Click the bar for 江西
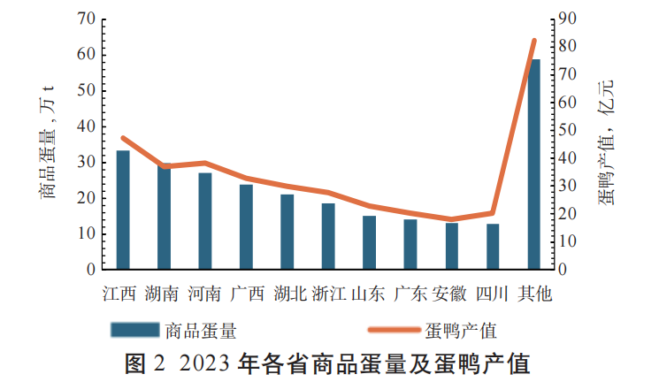pyautogui.click(x=123, y=210)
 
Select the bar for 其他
pyautogui.click(x=534, y=164)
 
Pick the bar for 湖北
pyautogui.click(x=287, y=232)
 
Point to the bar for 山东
pyautogui.click(x=369, y=242)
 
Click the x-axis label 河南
pyautogui.click(x=205, y=294)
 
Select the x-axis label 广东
pyautogui.click(x=410, y=294)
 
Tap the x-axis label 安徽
pyautogui.click(x=451, y=294)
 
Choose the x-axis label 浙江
pyautogui.click(x=328, y=294)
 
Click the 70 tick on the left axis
pyautogui.click(x=87, y=19)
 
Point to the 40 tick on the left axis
pyautogui.click(x=87, y=126)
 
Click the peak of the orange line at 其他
pyautogui.click(x=534, y=41)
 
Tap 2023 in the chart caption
pyautogui.click(x=205, y=363)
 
